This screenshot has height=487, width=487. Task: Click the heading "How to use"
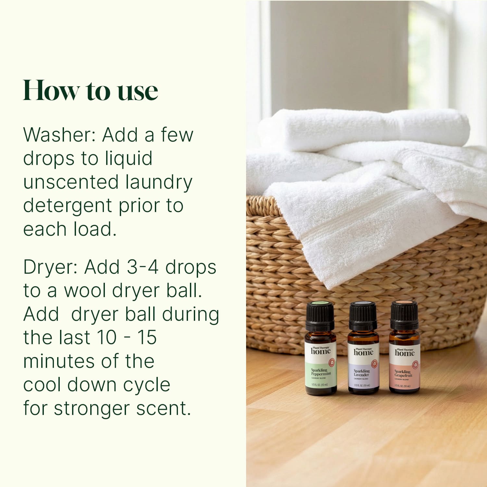point(91,91)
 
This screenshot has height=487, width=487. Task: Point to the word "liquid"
point(129,159)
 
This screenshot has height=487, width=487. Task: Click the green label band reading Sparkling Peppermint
point(320,375)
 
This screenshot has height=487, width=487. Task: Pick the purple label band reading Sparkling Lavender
point(363,377)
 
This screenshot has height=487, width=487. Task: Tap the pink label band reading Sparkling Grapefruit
point(404,377)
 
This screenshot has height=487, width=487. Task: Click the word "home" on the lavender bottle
point(363,353)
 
